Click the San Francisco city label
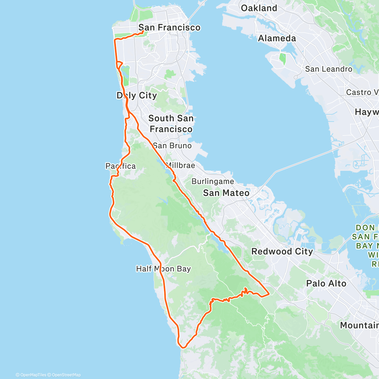coord(169,28)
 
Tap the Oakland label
coord(259,8)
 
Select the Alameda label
coord(277,39)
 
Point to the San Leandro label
coord(328,69)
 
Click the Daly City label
coord(137,95)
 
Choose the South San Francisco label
coord(171,123)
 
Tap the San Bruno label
coord(172,146)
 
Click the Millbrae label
coord(180,165)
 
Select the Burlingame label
coord(213,182)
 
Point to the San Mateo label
coord(226,193)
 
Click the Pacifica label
coord(121,166)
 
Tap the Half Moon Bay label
coord(163,269)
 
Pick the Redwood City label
coord(282,252)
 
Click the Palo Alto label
coord(326,284)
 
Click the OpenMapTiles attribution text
coord(31,375)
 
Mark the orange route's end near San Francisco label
coord(143,31)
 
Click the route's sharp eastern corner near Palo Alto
coord(269,294)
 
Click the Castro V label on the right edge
coord(362,92)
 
